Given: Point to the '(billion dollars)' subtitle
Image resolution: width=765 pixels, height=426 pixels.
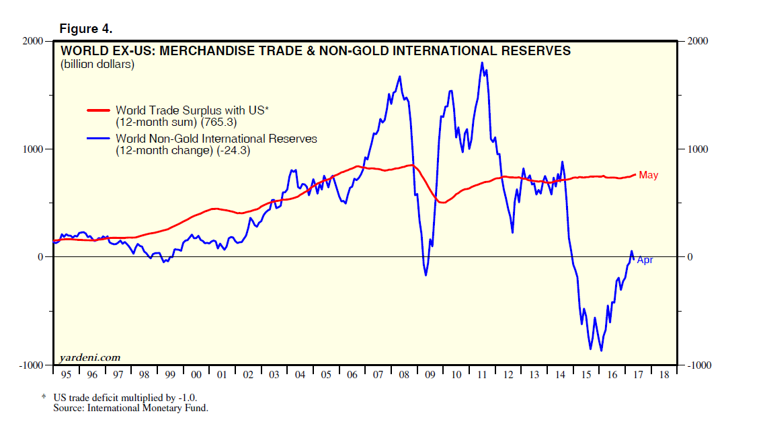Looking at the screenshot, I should click(97, 65).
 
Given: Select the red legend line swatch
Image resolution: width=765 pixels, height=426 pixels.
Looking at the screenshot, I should click(99, 110).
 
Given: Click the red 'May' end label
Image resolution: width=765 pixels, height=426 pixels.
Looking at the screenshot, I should click(648, 175).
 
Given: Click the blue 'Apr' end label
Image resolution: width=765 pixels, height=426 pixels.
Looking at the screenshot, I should click(644, 260).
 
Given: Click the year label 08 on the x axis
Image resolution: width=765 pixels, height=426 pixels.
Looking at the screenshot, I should click(404, 374).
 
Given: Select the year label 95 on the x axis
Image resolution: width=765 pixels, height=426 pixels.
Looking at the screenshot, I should click(65, 374).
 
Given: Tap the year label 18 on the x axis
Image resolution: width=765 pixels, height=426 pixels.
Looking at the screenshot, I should click(664, 374).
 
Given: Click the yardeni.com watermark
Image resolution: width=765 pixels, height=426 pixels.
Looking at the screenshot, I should click(90, 357).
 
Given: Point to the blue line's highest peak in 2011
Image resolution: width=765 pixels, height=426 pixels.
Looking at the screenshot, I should click(482, 63).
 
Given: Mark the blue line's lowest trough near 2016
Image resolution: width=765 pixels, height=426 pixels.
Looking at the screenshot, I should click(601, 350).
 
